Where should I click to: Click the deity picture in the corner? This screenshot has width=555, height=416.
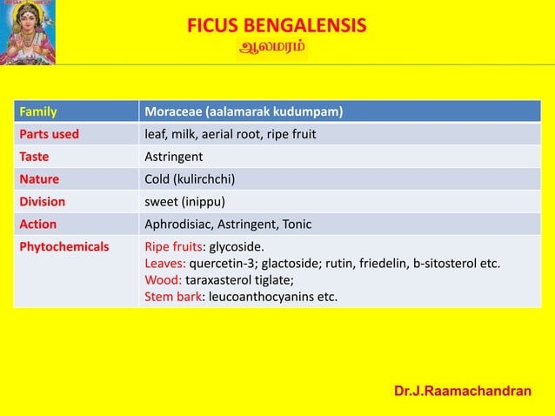pyautogui.click(x=29, y=31)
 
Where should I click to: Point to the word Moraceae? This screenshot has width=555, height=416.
pyautogui.click(x=172, y=112)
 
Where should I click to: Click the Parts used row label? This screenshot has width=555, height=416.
pyautogui.click(x=50, y=134)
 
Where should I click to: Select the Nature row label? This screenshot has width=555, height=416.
pyautogui.click(x=38, y=179)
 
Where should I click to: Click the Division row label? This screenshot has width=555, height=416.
pyautogui.click(x=43, y=202)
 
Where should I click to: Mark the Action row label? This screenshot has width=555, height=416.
pyautogui.click(x=37, y=225)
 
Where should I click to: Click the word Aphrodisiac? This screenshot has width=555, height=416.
pyautogui.click(x=177, y=225)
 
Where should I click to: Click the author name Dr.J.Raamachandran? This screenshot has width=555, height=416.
pyautogui.click(x=463, y=392)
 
